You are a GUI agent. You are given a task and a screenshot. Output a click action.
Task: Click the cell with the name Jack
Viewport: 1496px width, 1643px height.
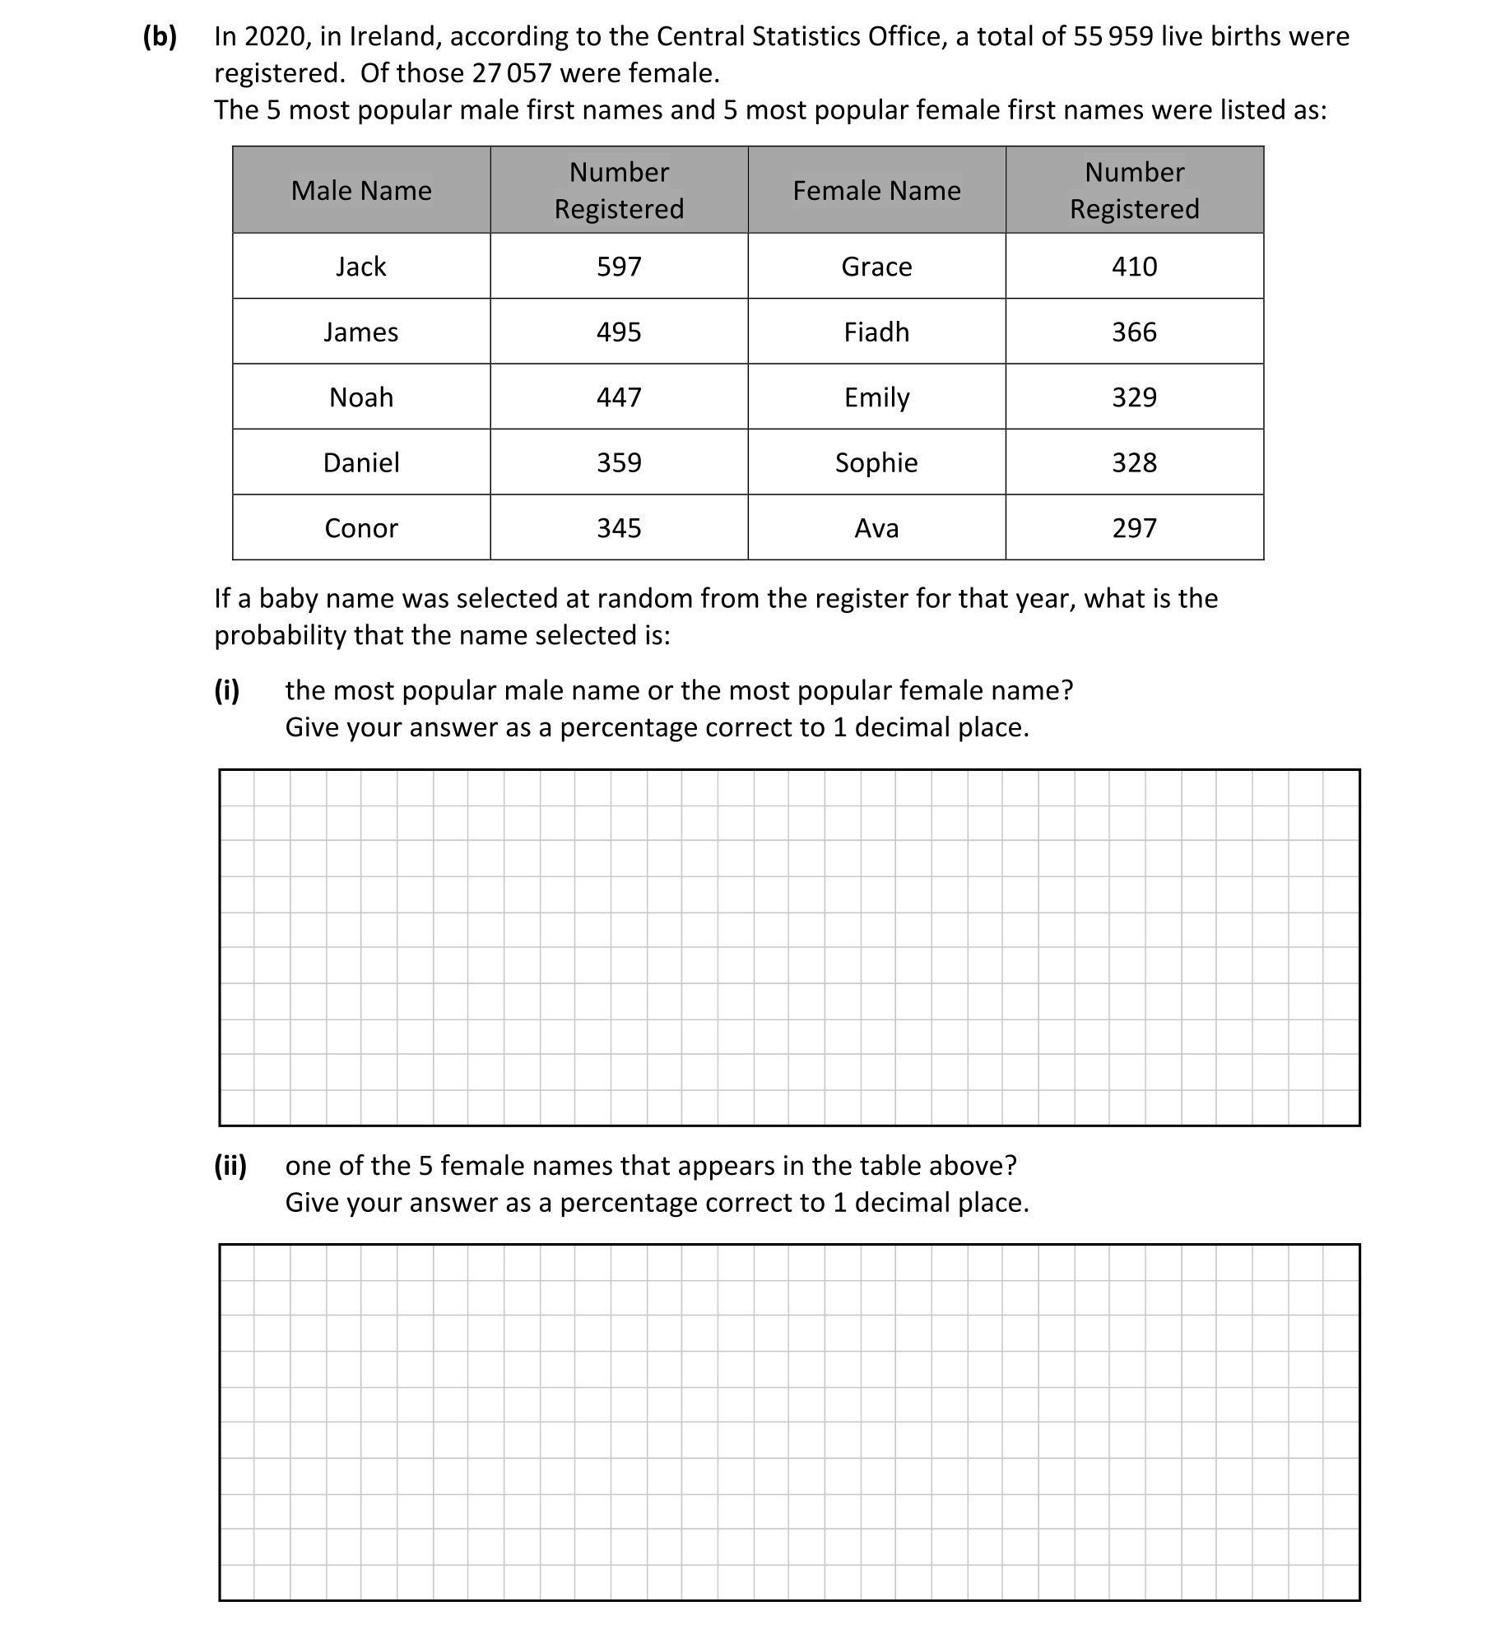coord(360,267)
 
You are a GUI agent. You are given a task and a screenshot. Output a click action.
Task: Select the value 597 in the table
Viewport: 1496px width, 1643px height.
coord(619,267)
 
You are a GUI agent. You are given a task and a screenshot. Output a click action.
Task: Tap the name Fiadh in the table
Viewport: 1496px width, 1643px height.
coord(876,332)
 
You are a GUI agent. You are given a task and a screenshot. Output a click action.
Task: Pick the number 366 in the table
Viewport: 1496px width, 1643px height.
coord(1134,332)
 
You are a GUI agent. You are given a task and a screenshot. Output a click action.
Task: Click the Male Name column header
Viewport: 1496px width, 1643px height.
coord(360,191)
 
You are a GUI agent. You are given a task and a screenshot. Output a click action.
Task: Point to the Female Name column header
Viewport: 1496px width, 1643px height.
coord(876,191)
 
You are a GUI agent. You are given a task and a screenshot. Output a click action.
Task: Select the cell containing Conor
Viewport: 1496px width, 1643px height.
coord(360,528)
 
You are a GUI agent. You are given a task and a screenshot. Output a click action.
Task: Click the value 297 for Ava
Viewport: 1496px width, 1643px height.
coord(1134,528)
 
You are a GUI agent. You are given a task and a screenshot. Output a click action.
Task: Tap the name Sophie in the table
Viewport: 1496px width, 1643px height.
coord(876,462)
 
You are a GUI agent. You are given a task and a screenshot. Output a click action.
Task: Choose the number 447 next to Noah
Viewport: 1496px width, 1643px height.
coord(619,397)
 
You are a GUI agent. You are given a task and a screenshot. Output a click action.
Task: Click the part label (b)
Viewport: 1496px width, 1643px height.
coord(160,37)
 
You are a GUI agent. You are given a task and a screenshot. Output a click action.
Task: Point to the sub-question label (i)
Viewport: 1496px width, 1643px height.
coord(227,690)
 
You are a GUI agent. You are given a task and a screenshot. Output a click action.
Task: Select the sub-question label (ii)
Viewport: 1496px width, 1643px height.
coord(230,1166)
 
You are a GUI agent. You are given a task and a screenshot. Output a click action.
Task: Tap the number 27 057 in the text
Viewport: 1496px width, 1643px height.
coord(511,74)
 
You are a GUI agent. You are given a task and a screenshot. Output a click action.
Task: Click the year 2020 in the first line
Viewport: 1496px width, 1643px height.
coord(275,37)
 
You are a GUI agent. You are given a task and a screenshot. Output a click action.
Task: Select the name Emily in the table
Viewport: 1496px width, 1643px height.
coord(876,397)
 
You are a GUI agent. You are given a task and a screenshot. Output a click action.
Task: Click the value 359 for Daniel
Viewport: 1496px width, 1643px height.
coord(619,462)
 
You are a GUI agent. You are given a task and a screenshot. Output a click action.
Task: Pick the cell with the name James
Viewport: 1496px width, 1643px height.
coord(360,332)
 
